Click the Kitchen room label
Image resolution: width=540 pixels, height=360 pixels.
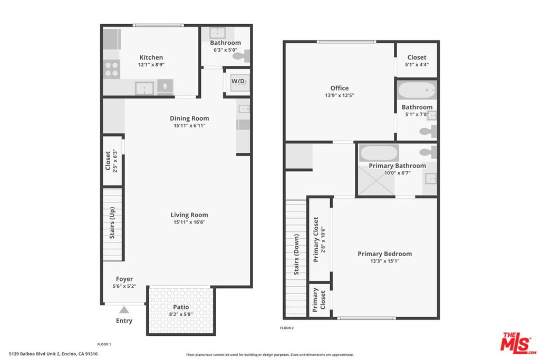(x=151, y=57)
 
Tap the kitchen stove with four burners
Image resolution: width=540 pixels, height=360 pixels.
(x=112, y=69)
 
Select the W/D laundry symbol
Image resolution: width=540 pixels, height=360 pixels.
(x=238, y=82)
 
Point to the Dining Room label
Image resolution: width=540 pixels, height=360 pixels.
(x=189, y=119)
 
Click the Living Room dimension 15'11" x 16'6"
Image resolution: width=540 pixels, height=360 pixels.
(x=189, y=222)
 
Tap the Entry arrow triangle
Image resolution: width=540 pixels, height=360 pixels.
(x=124, y=310)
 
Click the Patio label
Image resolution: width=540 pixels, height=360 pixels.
(x=181, y=307)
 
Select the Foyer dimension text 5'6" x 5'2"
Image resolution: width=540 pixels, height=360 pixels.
(x=124, y=286)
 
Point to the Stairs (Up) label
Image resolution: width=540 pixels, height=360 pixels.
(x=112, y=222)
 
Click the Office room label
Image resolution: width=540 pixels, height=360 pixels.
(x=340, y=88)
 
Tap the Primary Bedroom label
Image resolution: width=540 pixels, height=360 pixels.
(x=384, y=254)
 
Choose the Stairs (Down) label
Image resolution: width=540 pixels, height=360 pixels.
(x=296, y=255)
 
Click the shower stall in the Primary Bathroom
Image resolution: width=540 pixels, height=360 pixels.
(x=376, y=181)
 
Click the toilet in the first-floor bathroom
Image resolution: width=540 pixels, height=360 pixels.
(x=242, y=56)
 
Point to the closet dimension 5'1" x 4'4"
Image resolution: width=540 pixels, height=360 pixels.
(x=417, y=65)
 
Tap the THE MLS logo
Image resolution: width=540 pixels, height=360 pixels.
(x=518, y=343)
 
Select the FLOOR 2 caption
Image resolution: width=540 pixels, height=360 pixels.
(x=287, y=328)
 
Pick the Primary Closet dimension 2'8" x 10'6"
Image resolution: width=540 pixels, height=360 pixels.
(x=323, y=240)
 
